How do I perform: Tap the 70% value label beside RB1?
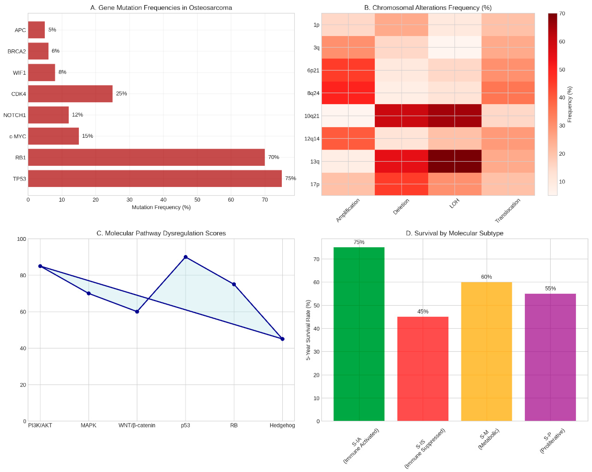[x=274, y=157]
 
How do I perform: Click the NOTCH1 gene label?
[x=15, y=115]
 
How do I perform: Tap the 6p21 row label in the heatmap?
[x=313, y=70]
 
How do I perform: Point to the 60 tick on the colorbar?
[x=562, y=41]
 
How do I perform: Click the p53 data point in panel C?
[x=186, y=257]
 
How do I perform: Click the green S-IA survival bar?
[x=359, y=334]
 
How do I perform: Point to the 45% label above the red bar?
[x=423, y=311]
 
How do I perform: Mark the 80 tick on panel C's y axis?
[x=23, y=275]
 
